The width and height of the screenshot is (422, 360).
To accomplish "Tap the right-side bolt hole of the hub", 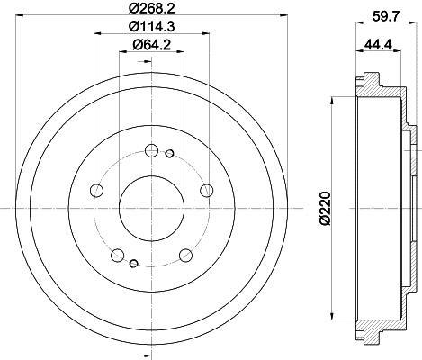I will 207,190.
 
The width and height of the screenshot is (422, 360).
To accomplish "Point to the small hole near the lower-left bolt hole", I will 132,263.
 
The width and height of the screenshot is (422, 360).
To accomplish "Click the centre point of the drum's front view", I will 150,208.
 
